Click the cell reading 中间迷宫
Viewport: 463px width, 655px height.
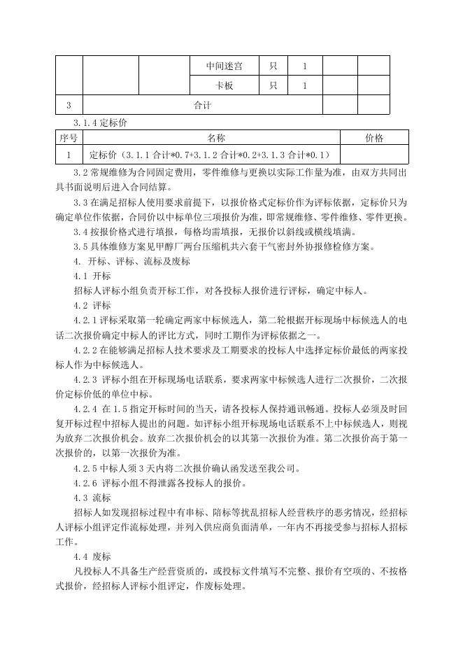(x=225, y=66)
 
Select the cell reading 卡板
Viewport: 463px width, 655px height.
(x=225, y=86)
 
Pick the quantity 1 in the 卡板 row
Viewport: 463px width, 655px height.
(x=305, y=86)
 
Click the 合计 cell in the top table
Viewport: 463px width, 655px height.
(x=203, y=106)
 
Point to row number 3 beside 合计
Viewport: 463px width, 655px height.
(x=69, y=106)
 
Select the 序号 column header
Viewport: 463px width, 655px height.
(x=69, y=138)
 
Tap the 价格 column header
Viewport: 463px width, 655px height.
(x=374, y=138)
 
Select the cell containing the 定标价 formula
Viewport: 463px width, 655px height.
(x=210, y=155)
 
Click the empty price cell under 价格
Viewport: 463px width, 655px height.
(x=374, y=155)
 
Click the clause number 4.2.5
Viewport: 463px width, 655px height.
(x=88, y=468)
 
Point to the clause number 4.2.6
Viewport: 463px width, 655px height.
(x=88, y=483)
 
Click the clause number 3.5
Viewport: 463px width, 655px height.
(x=81, y=246)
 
